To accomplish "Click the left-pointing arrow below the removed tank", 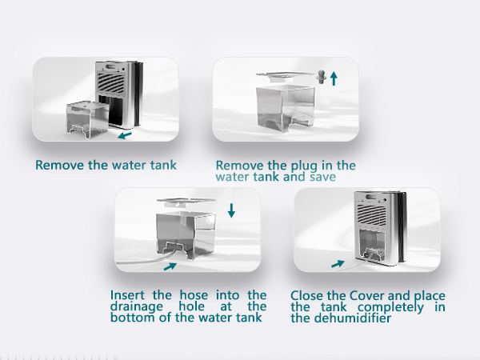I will tap(124, 136).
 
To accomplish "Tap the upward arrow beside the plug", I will tap(334, 78).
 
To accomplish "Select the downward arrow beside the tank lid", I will tap(231, 210).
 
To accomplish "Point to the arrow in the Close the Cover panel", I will tap(339, 262).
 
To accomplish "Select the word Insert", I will tap(128, 295).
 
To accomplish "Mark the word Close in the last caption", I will tap(307, 295).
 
